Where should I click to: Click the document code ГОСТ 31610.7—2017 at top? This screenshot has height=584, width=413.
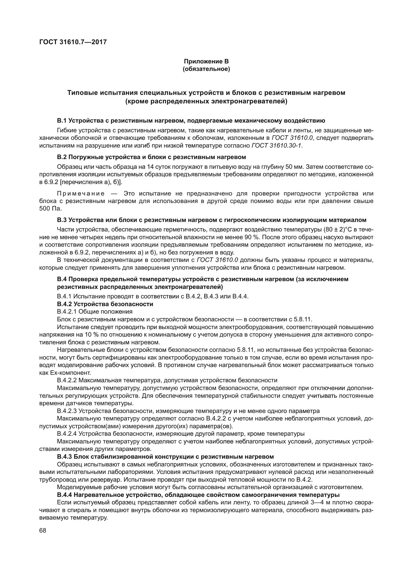tap(73, 42)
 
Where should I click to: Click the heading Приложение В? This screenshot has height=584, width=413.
tap(206, 61)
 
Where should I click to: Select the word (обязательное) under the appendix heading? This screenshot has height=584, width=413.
tap(206, 69)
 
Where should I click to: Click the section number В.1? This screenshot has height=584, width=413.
tap(62, 121)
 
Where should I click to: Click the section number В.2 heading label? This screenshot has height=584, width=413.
tap(62, 157)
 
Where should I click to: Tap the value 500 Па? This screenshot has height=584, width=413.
tap(51, 208)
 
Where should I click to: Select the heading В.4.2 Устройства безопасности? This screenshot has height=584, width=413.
tap(105, 304)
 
